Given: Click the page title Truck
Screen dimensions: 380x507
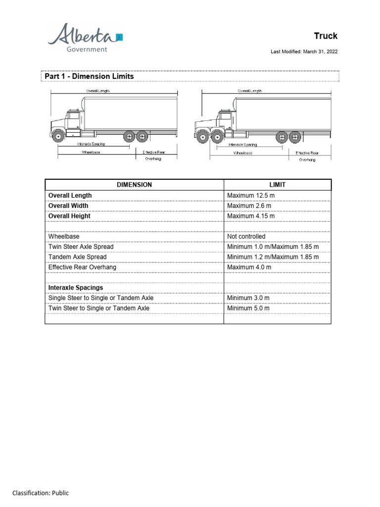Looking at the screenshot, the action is (x=326, y=36).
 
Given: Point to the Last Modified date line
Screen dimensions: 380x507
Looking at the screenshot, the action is (x=304, y=51).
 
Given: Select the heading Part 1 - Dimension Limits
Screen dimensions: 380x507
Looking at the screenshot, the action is (x=89, y=76).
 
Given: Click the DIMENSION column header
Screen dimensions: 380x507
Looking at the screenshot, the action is (x=134, y=185).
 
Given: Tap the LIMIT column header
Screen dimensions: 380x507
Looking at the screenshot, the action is (x=277, y=185).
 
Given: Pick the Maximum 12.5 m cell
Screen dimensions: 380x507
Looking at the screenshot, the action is (x=251, y=196).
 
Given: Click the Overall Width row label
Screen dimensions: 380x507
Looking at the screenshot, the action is (x=69, y=206).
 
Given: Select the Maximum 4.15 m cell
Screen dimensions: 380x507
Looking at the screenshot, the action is (x=251, y=216).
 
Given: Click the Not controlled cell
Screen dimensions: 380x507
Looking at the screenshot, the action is (x=246, y=237).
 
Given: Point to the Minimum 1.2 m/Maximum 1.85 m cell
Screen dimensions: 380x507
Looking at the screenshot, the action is (x=273, y=257).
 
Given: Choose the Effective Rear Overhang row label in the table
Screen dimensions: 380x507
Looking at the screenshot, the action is (x=83, y=267).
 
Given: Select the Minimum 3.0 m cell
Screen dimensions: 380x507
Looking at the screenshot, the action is (x=248, y=298).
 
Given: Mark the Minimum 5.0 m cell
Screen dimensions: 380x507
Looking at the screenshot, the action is (x=248, y=308).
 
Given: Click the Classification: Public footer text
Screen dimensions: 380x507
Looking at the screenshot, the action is (x=41, y=493).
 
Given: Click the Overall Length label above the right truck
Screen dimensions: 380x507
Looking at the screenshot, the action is (x=250, y=91).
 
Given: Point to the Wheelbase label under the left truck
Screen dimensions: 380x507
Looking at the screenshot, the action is (x=91, y=152).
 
